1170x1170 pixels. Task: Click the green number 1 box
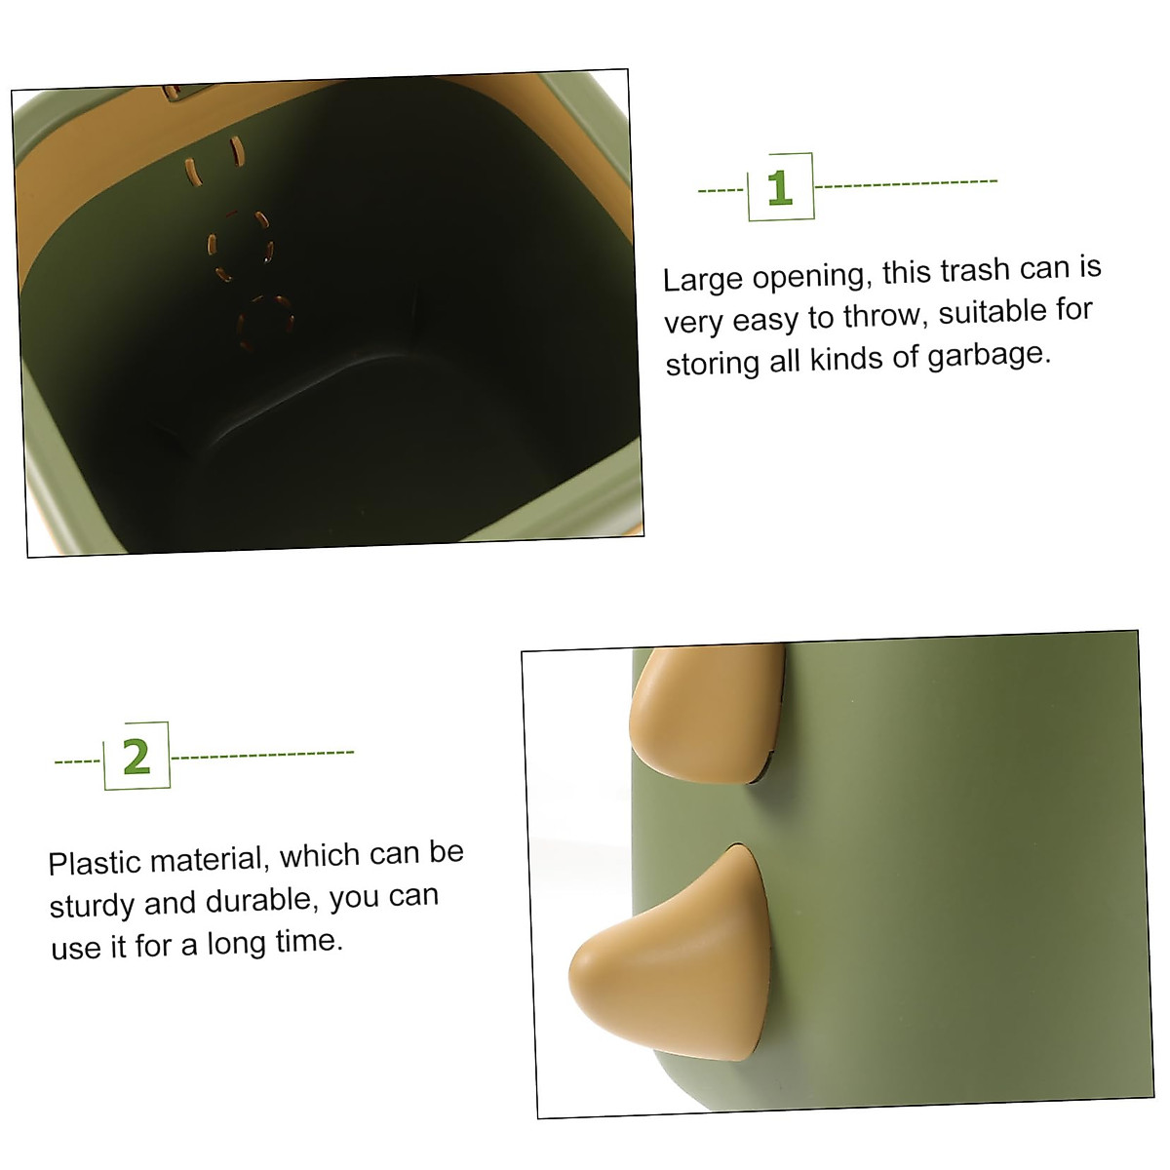(780, 186)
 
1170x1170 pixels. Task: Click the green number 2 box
(136, 756)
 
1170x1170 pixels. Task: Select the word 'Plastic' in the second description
(94, 863)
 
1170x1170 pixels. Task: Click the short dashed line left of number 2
(78, 760)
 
